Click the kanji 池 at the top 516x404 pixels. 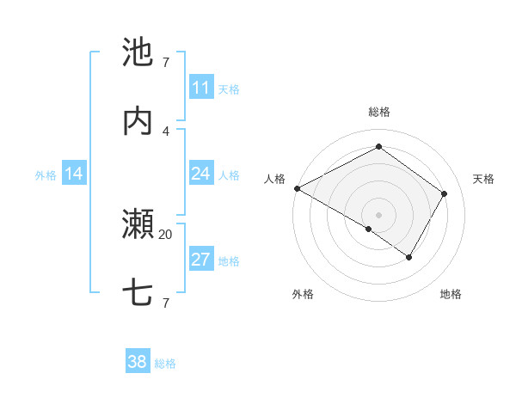(138, 52)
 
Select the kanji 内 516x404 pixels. (138, 121)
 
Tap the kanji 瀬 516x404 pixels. (138, 225)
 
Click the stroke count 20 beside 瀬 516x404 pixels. (165, 234)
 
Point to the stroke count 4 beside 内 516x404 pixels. (165, 131)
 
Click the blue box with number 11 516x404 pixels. (201, 88)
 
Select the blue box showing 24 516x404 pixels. (201, 174)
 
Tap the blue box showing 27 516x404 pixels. (201, 260)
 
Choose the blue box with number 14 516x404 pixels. (74, 174)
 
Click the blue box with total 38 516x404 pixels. (138, 362)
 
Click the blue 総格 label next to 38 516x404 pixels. (165, 364)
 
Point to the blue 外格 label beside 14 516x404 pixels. (46, 175)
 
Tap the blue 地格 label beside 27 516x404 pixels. (229, 261)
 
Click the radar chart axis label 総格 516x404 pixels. (378, 112)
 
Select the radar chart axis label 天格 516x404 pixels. (483, 179)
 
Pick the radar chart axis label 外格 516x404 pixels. (303, 294)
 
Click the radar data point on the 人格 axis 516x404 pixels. (297, 188)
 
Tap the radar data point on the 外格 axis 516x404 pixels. (368, 230)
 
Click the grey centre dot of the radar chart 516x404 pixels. (378, 215)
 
